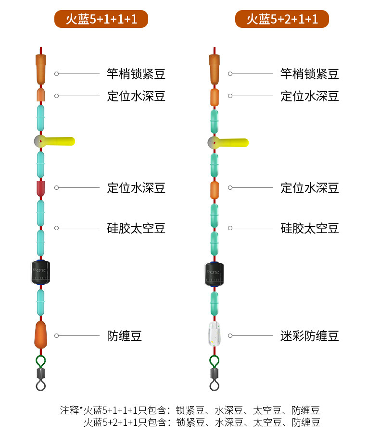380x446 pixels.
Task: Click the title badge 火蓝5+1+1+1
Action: pos(101,19)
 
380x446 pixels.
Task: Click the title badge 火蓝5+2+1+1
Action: pos(282,19)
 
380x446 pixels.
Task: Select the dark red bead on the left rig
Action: pos(40,188)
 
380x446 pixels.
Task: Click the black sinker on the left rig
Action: pos(41,273)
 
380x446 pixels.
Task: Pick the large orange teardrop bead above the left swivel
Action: pos(41,334)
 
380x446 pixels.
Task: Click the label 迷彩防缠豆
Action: pos(310,336)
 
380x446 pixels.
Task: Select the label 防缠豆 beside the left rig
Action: pos(124,336)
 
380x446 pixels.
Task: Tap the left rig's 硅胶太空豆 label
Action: pos(136,228)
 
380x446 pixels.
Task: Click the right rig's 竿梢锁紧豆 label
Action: pos(310,74)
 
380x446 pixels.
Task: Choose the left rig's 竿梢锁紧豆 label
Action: pos(136,74)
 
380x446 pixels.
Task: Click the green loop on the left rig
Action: pos(41,360)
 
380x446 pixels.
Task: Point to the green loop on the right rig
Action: pos(215,360)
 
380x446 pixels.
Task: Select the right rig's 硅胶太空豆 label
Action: pos(310,228)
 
